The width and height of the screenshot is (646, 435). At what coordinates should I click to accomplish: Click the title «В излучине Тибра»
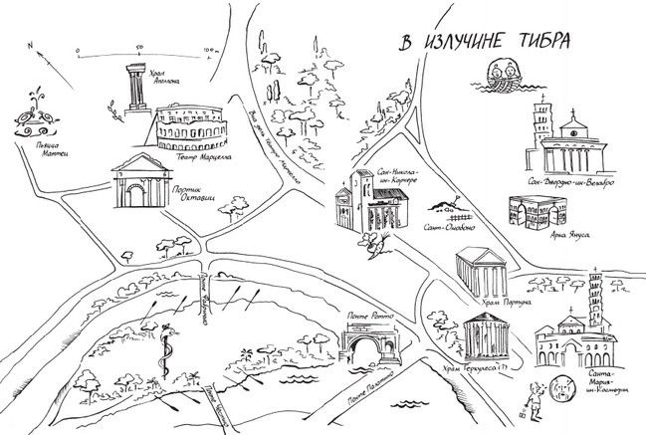pos(485,42)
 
